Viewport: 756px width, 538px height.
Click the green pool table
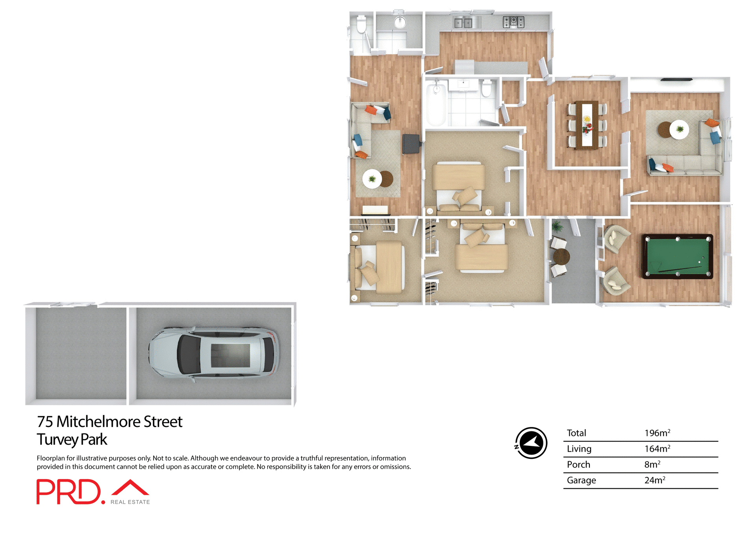677,256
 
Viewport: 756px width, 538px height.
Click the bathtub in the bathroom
436,103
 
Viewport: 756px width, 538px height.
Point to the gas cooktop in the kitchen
513,22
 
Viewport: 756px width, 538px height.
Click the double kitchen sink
463,23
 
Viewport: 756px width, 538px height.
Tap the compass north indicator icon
531,443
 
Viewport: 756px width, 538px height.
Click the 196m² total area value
657,433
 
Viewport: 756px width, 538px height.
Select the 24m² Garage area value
654,480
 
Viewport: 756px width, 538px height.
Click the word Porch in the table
578,464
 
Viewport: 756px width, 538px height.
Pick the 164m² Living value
657,449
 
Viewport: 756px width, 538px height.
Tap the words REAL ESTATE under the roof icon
130,502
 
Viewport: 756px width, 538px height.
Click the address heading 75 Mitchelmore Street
109,422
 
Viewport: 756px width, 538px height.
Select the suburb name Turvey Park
72,440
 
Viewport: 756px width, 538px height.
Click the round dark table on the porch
561,257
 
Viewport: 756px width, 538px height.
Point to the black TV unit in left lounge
411,144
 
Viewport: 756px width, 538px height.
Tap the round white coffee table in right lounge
679,130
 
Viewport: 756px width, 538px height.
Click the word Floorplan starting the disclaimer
50,458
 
